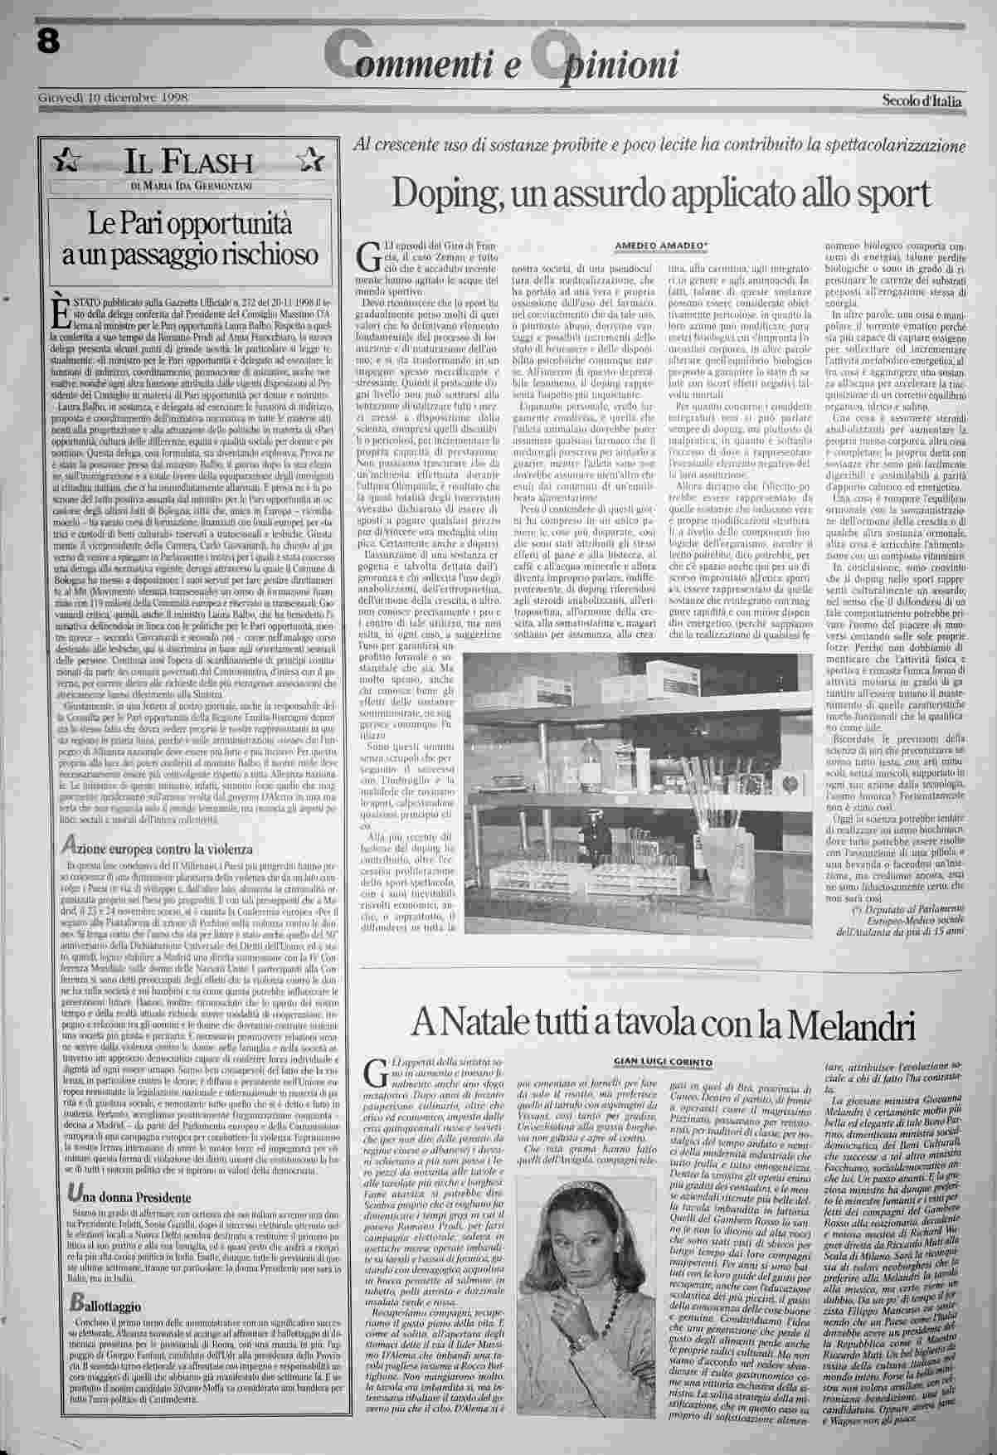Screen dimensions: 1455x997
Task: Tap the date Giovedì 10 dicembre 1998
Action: click(114, 98)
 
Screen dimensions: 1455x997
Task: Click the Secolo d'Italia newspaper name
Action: click(922, 100)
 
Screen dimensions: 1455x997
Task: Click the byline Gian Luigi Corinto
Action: click(663, 1062)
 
